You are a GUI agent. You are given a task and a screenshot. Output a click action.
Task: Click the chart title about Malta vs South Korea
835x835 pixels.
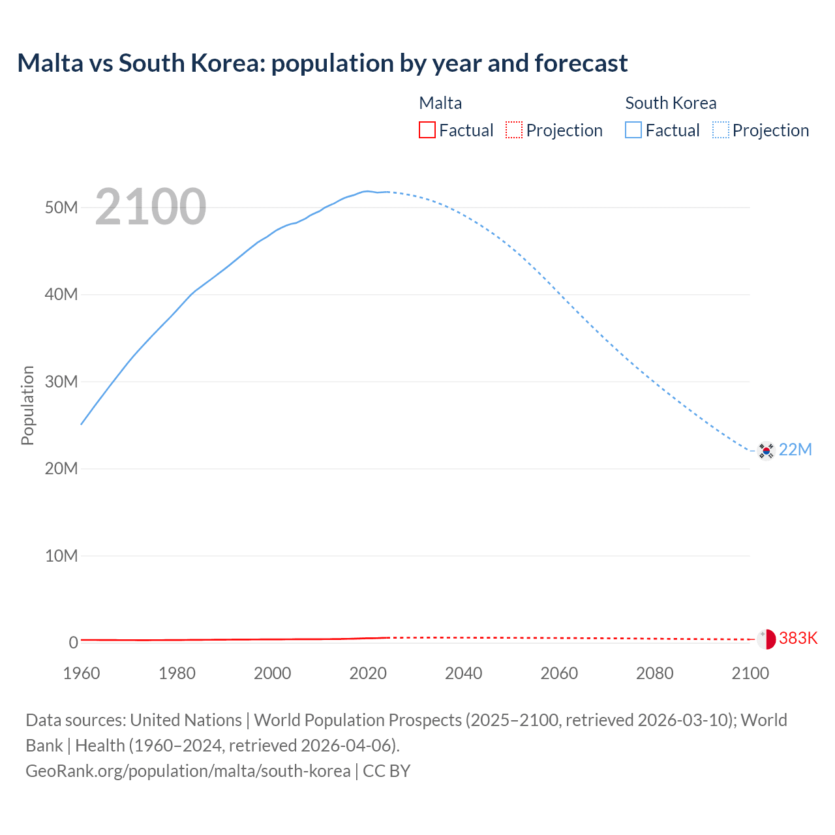[322, 63]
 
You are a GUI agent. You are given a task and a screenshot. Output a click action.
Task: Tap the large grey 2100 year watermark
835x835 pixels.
[151, 207]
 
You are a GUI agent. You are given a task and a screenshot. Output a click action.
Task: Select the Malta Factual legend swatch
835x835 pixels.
[427, 130]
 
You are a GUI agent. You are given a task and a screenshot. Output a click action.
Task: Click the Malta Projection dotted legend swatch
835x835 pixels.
[514, 130]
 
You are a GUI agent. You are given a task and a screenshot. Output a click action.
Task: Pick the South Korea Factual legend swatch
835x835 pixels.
[633, 130]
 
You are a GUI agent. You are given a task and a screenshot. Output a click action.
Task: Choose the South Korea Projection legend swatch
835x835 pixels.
[721, 130]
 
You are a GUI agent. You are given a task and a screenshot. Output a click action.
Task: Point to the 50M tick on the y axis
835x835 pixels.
[61, 207]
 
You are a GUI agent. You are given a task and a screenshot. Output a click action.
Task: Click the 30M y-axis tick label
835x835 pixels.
[61, 382]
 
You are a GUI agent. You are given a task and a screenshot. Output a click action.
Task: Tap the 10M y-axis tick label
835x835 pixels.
[61, 556]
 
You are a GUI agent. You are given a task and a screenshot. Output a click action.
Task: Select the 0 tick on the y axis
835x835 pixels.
[74, 643]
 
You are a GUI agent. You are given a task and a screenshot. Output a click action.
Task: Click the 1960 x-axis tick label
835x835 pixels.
[82, 673]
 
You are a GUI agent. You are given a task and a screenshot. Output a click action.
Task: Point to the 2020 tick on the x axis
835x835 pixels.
[368, 673]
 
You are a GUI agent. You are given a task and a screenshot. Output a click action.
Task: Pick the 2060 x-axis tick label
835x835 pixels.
[559, 673]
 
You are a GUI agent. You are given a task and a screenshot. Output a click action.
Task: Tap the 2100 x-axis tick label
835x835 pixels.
[750, 673]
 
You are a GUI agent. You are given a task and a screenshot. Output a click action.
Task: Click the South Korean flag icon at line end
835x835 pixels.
[766, 450]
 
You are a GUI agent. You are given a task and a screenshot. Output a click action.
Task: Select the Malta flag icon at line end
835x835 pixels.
[766, 639]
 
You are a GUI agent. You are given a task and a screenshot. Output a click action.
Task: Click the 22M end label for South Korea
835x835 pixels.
[795, 450]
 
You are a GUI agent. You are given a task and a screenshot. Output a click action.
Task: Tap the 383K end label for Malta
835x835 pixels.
[798, 638]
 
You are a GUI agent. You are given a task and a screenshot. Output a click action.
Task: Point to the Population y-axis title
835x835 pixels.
[27, 405]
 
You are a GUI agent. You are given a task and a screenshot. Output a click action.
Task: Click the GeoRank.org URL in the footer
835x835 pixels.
[188, 770]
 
